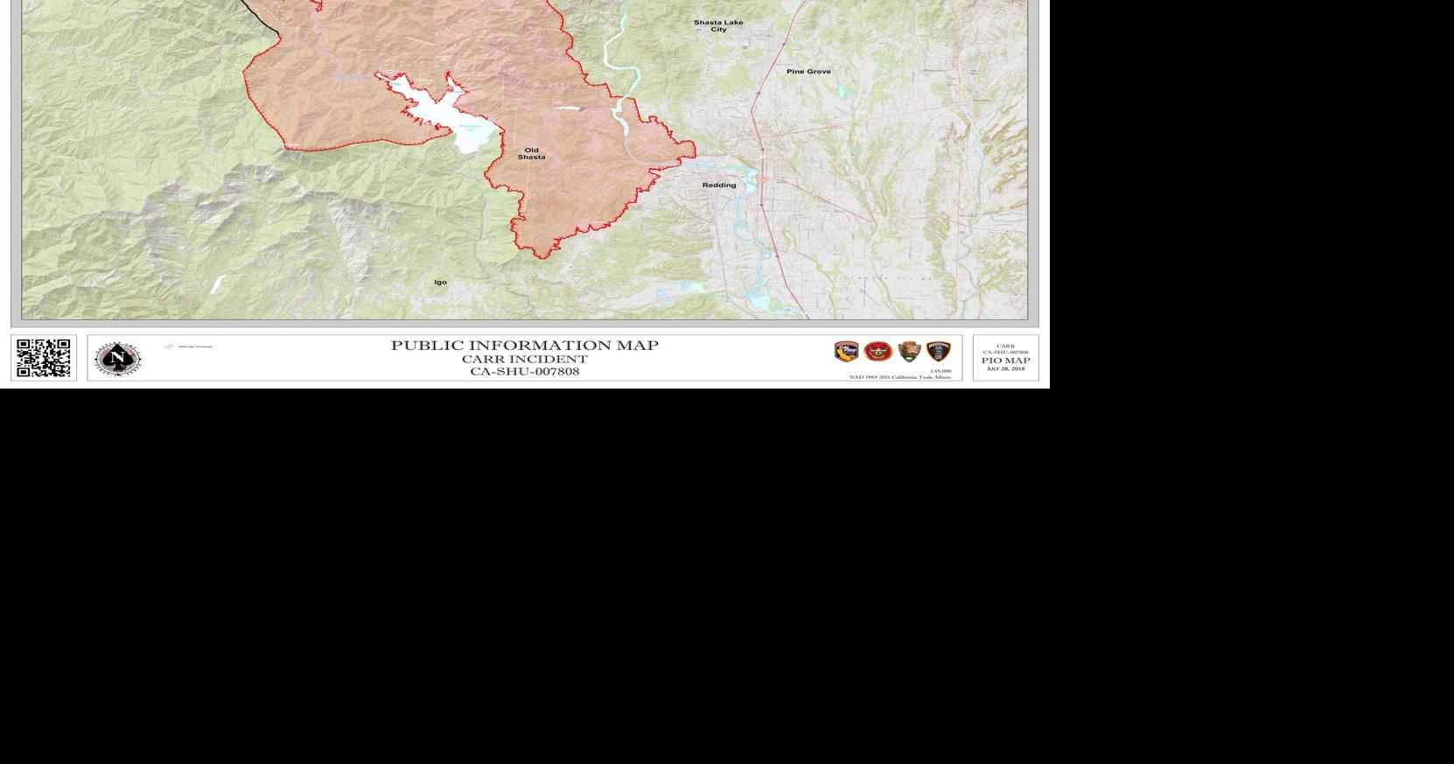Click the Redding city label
pyautogui.click(x=719, y=186)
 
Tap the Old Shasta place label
pyautogui.click(x=531, y=154)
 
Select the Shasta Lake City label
pyautogui.click(x=718, y=25)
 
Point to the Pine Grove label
pyautogui.click(x=808, y=71)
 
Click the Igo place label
pyautogui.click(x=440, y=282)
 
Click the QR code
pyautogui.click(x=44, y=358)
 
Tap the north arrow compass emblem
pyautogui.click(x=117, y=358)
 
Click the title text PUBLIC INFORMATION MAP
pyautogui.click(x=524, y=346)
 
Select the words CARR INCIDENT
pyautogui.click(x=524, y=359)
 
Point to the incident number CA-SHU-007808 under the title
pyautogui.click(x=524, y=371)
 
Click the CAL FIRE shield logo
pyautogui.click(x=846, y=352)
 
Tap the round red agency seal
pyautogui.click(x=877, y=352)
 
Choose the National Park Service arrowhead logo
pyautogui.click(x=909, y=352)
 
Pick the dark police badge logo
pyautogui.click(x=939, y=352)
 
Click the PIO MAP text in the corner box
pyautogui.click(x=1005, y=361)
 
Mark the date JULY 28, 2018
pyautogui.click(x=1005, y=368)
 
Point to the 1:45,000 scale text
pyautogui.click(x=940, y=371)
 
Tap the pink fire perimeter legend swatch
pyautogui.click(x=169, y=347)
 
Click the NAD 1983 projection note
pyautogui.click(x=899, y=377)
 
